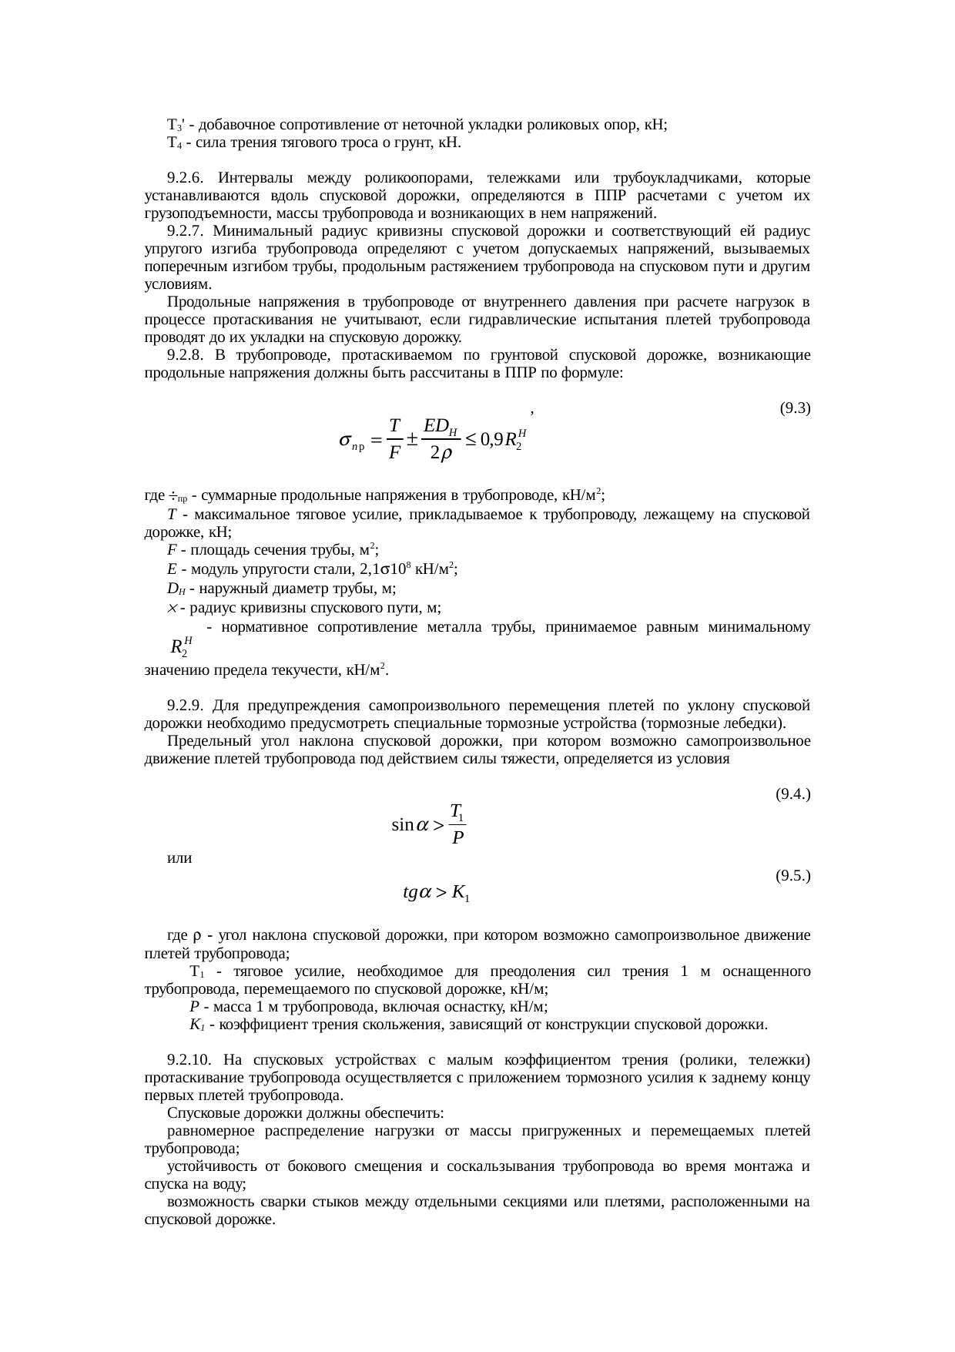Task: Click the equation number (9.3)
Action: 795,408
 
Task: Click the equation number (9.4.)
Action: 792,793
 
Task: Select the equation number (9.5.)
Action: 792,875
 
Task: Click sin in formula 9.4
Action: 403,826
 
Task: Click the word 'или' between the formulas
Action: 179,857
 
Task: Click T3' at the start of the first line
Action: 175,125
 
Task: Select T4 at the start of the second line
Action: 174,143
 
